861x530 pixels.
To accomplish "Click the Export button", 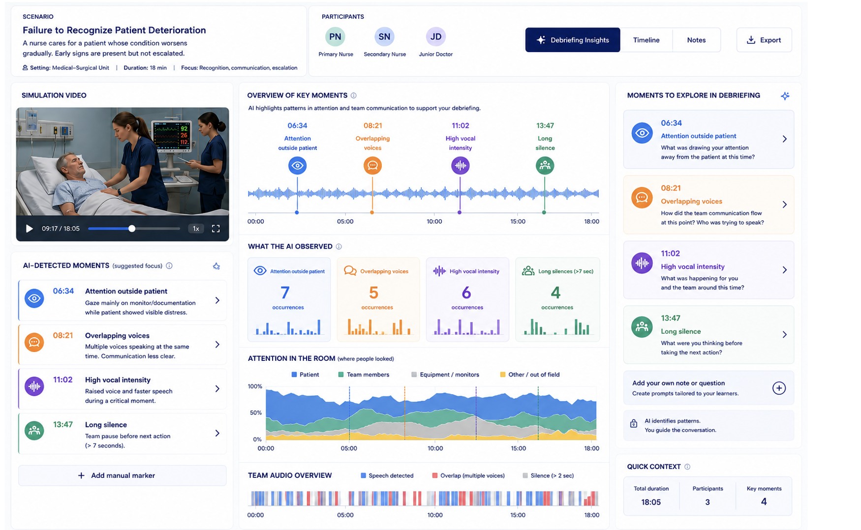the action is click(x=764, y=40).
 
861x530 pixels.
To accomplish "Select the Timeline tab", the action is click(x=646, y=40).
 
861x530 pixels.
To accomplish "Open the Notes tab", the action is click(x=696, y=40).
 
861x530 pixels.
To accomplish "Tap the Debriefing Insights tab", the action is click(x=573, y=40).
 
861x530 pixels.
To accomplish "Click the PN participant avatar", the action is click(x=335, y=36).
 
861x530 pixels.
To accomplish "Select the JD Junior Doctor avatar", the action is click(x=436, y=36).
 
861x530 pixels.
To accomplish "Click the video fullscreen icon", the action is click(x=215, y=229).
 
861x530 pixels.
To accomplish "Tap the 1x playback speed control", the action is click(x=196, y=229).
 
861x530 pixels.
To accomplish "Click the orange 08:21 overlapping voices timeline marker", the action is click(x=372, y=165).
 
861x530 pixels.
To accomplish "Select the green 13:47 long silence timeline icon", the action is click(x=545, y=165).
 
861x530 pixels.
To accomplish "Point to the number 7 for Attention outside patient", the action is click(x=285, y=293).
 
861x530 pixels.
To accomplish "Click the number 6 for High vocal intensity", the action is click(x=466, y=293).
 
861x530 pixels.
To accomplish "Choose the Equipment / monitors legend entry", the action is click(x=445, y=375).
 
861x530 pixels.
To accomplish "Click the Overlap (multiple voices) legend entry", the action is click(x=468, y=475).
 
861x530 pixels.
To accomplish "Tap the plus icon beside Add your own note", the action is click(x=779, y=388).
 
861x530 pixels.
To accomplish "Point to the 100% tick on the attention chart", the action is click(x=255, y=386).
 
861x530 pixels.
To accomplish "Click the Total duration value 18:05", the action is click(x=651, y=502).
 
